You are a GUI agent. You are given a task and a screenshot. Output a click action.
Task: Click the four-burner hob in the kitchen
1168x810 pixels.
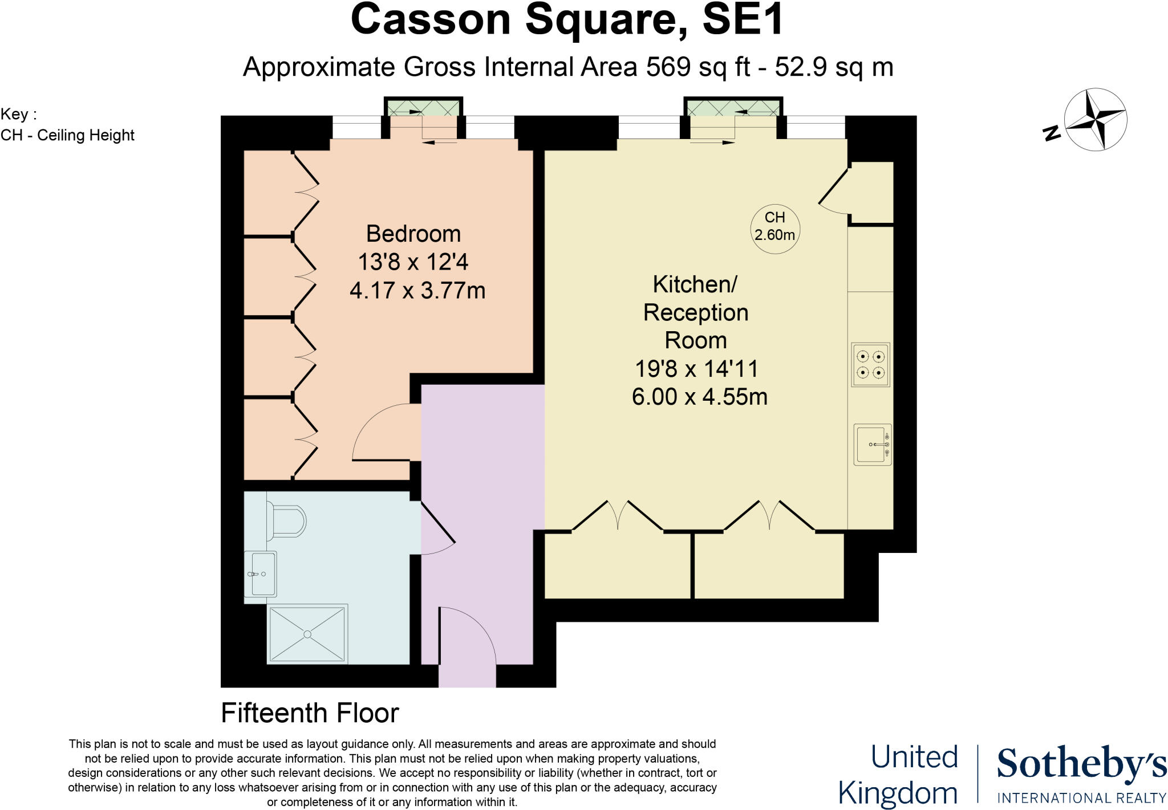tap(870, 365)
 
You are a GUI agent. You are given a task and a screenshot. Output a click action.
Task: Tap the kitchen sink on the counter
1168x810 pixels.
tap(872, 445)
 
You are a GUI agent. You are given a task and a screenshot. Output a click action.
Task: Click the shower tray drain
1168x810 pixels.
tap(307, 634)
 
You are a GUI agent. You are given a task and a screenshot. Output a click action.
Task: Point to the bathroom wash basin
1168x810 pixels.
tap(261, 574)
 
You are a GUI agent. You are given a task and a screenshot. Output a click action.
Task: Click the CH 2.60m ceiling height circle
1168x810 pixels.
tap(774, 227)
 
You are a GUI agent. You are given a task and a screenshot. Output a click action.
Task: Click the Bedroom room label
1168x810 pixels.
tap(413, 234)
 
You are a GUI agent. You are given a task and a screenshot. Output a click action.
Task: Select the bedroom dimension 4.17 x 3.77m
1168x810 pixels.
tap(417, 291)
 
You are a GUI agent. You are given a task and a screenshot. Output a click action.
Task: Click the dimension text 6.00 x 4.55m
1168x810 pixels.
tap(699, 397)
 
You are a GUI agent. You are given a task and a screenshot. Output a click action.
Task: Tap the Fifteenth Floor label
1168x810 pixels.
tap(310, 713)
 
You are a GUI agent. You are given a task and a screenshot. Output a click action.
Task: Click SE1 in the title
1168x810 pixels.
tap(743, 20)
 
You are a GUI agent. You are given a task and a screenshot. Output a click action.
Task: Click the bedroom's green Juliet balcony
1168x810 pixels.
tap(423, 107)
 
